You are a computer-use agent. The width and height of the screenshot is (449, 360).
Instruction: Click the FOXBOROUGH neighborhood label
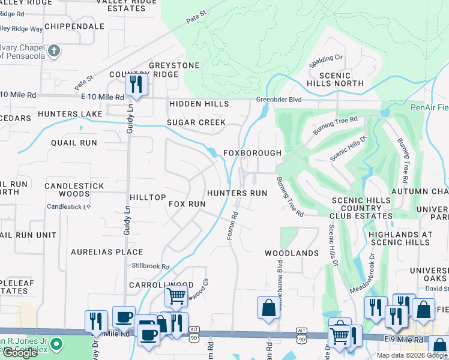tap(252, 153)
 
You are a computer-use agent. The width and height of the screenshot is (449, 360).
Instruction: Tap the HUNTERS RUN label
tap(237, 193)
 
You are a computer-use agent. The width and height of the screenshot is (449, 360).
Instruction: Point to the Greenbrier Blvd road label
tap(279, 100)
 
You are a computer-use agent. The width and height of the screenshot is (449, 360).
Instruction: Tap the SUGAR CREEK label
tap(196, 122)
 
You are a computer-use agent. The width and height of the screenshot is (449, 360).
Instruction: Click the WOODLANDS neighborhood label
tap(292, 253)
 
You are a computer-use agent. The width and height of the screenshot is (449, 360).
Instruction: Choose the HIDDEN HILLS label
tap(199, 104)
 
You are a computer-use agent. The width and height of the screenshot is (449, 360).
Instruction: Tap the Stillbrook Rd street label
tap(151, 266)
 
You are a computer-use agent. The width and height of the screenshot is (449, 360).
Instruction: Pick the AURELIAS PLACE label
tap(107, 252)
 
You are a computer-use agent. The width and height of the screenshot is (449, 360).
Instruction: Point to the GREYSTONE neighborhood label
tap(174, 65)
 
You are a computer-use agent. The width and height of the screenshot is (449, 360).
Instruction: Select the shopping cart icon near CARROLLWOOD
tap(175, 296)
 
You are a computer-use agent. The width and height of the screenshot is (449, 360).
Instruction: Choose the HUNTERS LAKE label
tap(70, 113)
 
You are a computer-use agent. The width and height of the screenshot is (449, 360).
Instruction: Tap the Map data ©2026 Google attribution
tap(412, 355)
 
